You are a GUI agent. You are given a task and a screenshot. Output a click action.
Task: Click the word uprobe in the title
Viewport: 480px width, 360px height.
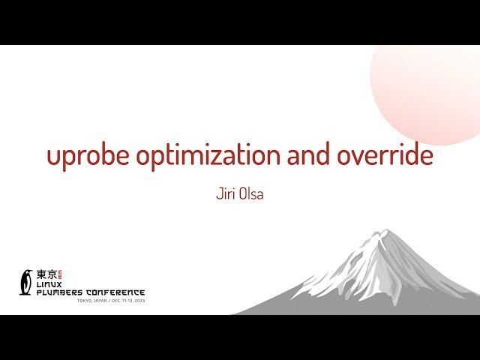click(88, 156)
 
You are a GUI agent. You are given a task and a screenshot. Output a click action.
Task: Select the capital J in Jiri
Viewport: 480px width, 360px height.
click(217, 193)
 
